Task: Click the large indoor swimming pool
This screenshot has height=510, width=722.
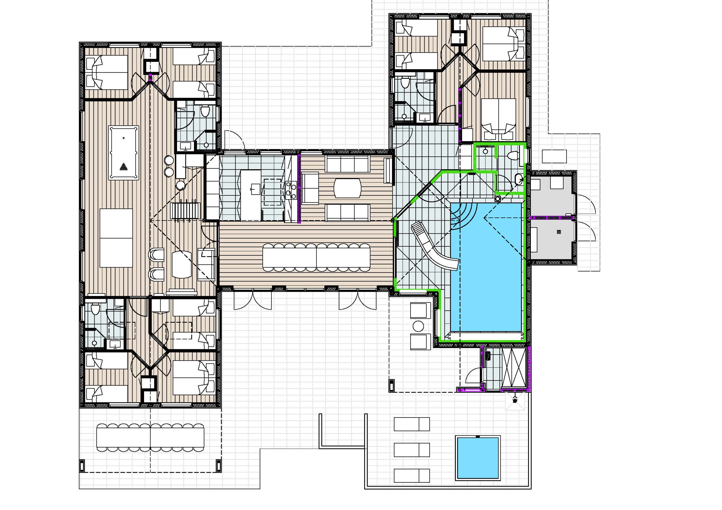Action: (486, 267)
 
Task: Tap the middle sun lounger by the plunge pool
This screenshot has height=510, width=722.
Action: (412, 450)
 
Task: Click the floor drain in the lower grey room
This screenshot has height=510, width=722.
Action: (559, 232)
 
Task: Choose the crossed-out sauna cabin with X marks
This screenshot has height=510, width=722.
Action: (513, 368)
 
